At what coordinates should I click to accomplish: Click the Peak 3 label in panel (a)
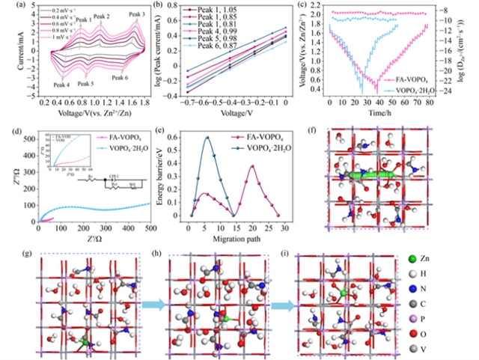(138, 14)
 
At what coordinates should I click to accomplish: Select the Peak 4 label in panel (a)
(61, 84)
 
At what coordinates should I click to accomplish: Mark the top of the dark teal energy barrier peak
(207, 137)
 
